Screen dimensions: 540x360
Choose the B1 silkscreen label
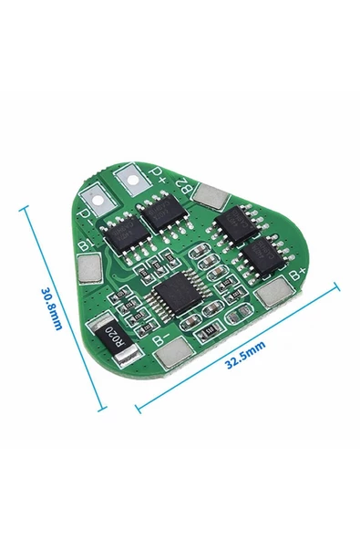tap(86, 244)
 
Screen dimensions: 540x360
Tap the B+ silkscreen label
tap(296, 271)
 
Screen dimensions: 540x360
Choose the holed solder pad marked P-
tap(96, 194)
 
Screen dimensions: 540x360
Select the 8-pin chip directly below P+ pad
tap(162, 214)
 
